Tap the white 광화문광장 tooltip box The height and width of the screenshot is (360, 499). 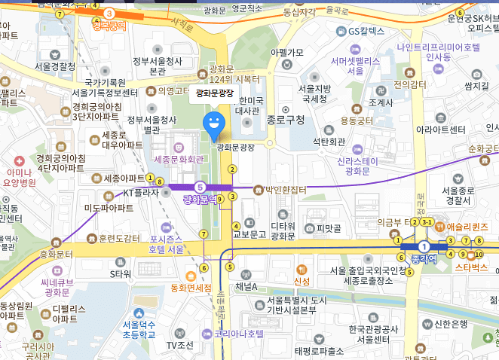[215, 94]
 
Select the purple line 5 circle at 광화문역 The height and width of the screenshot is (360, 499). [200, 187]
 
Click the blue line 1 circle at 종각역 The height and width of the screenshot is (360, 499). [424, 246]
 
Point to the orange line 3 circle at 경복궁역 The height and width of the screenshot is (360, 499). [110, 13]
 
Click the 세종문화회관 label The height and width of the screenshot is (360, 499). [179, 160]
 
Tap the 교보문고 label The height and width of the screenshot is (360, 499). [249, 234]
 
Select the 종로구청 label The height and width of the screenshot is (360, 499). [286, 119]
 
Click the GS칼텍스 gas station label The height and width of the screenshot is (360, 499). [366, 31]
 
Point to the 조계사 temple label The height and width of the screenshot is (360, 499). [372, 102]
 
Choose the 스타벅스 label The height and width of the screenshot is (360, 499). [473, 267]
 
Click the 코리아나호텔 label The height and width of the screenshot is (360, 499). [239, 333]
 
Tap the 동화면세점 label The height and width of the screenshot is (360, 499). [193, 287]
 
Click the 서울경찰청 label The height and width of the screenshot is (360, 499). [55, 66]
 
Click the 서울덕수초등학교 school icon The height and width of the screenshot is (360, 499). [139, 313]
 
